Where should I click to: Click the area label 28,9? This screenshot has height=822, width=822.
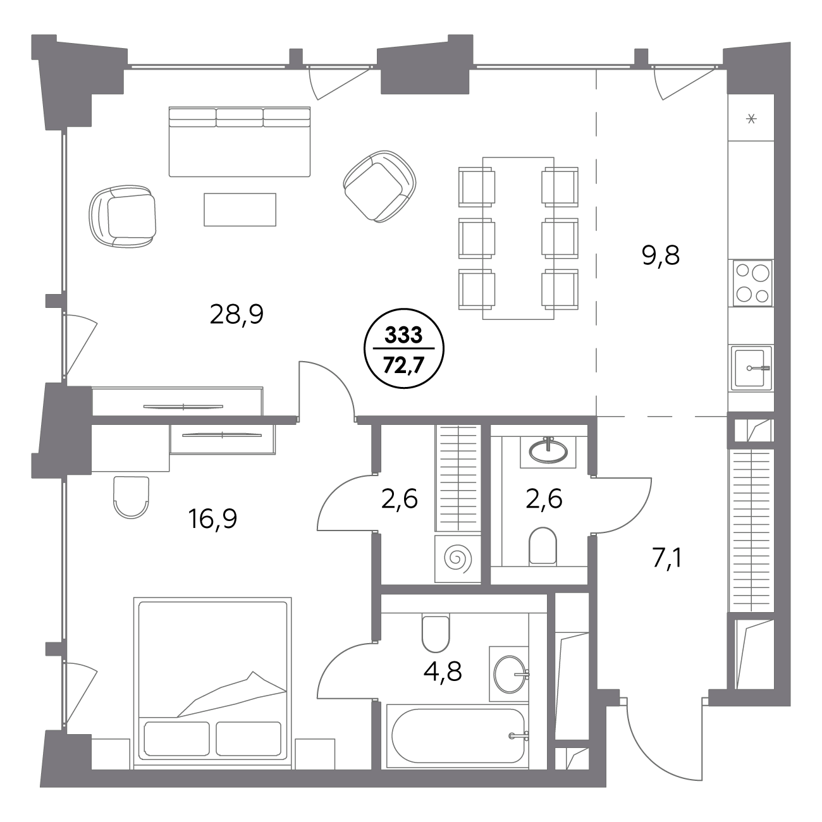click(x=236, y=316)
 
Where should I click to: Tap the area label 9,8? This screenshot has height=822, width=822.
click(x=660, y=256)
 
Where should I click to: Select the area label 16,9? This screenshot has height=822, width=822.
click(x=212, y=519)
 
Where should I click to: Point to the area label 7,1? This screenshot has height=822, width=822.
click(x=667, y=558)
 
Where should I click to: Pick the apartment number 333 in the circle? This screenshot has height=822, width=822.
click(x=403, y=335)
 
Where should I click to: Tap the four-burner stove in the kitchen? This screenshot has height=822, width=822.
click(x=753, y=283)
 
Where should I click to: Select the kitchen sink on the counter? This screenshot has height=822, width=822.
click(x=751, y=368)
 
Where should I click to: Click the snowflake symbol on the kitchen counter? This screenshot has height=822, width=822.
click(x=751, y=119)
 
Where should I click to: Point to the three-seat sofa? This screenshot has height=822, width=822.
click(x=239, y=142)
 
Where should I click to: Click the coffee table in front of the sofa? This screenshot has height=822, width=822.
click(x=240, y=209)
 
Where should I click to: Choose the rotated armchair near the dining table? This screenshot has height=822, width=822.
click(x=379, y=187)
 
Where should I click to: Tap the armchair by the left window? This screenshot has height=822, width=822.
click(x=123, y=216)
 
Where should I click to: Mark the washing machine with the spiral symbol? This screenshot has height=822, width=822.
click(x=458, y=559)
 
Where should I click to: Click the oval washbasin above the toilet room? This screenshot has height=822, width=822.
click(x=548, y=451)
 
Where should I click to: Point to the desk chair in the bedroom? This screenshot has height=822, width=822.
click(x=132, y=498)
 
